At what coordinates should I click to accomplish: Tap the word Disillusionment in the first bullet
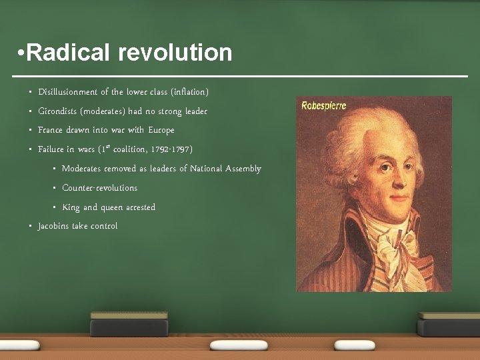coord(68,91)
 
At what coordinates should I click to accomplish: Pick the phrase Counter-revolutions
coord(99,188)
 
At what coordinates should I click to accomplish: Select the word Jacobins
coord(53,226)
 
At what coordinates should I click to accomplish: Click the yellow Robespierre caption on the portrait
coord(324,105)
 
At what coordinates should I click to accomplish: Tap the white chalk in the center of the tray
coord(239,345)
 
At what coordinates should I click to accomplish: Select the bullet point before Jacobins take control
coord(31,226)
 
